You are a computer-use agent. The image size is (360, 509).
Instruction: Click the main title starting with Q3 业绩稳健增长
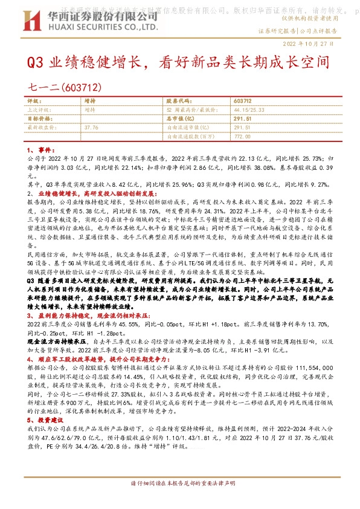[179, 62]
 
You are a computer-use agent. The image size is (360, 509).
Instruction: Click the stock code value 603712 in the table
[242, 101]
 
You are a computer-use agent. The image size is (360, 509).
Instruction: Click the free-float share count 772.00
[242, 137]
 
